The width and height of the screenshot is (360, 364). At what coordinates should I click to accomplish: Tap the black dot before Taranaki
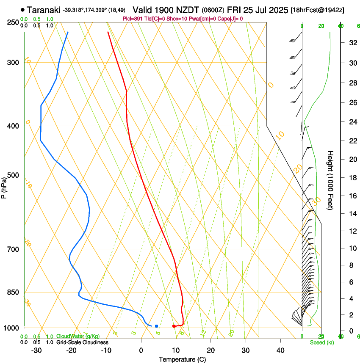coord(22,10)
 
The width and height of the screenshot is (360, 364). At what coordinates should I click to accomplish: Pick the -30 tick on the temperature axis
coord(36,350)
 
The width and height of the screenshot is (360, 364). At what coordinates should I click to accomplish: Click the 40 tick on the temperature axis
coord(280,350)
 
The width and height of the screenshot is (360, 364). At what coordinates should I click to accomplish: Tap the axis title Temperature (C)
coord(182,359)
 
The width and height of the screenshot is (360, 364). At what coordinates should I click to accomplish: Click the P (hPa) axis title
coord(4,186)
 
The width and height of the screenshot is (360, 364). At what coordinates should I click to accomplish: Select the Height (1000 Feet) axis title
coord(330,180)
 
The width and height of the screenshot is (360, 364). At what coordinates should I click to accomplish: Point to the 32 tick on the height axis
coord(352,42)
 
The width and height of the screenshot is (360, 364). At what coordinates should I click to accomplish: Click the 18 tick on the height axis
coord(352,178)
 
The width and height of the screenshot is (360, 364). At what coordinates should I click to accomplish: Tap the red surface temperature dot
coord(174,326)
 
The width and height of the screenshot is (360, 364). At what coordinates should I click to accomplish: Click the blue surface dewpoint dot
coord(156,326)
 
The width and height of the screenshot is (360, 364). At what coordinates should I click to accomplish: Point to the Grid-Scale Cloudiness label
coord(82,342)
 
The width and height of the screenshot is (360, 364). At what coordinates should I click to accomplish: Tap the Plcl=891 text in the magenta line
coord(132,19)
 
